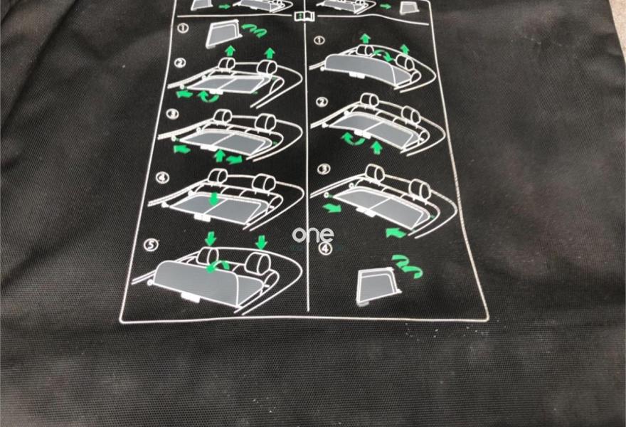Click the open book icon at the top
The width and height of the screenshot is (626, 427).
coord(304,17)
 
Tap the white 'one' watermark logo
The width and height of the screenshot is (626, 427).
coord(312,234)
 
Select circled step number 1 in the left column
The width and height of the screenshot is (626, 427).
coord(184,28)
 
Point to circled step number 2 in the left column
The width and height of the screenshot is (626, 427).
coord(181,63)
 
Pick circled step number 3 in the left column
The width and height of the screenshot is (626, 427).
coord(172,114)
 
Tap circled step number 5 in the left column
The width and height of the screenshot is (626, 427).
coord(151,244)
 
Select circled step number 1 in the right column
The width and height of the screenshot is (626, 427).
coord(319,41)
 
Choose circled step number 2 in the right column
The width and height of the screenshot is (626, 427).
coord(322,102)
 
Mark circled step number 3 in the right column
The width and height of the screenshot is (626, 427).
coord(324,169)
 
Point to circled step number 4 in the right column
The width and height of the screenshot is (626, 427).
coord(326,248)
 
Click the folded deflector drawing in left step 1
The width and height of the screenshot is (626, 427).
coord(221,35)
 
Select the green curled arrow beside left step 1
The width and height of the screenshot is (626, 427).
coord(255,31)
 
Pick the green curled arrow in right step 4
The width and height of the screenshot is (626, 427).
coord(407,266)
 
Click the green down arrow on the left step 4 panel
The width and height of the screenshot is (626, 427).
coord(214,199)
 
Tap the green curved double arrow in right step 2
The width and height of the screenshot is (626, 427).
coord(354,139)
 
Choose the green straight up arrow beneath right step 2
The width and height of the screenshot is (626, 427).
coord(376,147)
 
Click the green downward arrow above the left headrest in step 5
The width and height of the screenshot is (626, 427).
coord(211,238)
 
